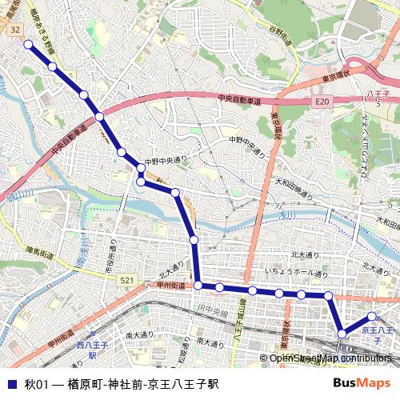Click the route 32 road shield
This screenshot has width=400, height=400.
16,29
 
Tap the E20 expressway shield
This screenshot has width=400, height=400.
322,102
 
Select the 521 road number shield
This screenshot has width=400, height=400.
127,280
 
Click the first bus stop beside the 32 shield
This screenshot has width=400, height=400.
29,44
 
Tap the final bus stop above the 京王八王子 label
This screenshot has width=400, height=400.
372,317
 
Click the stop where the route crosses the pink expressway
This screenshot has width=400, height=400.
99,117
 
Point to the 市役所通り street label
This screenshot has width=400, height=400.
111,258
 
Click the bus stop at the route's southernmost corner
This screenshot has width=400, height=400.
342,333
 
